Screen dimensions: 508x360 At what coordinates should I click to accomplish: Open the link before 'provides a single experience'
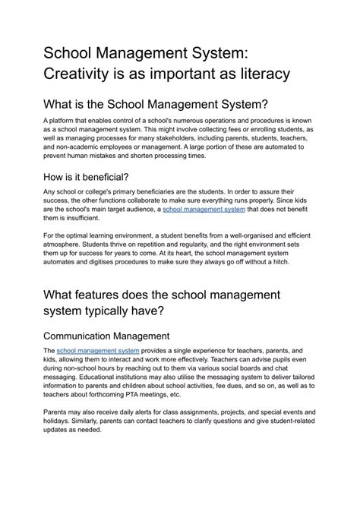coord(98,351)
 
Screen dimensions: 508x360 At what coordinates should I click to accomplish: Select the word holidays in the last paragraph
coord(59,421)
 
